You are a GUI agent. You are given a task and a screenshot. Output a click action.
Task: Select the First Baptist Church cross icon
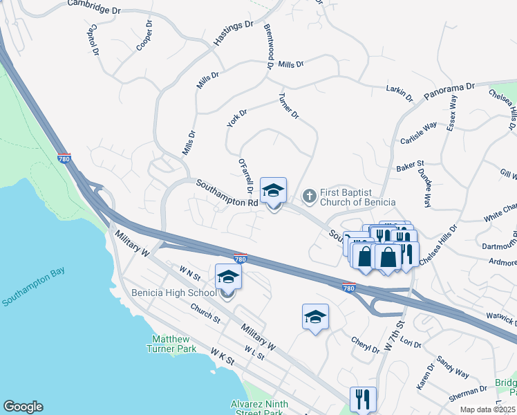tap(309, 196)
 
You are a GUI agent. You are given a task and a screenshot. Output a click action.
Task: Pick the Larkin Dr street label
tap(399, 92)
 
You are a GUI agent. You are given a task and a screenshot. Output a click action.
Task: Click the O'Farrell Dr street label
tap(243, 176)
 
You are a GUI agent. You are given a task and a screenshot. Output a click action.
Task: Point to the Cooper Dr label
tap(144, 35)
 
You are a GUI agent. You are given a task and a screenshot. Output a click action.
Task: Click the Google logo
tap(23, 407)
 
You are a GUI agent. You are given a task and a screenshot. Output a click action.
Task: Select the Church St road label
tap(205, 315)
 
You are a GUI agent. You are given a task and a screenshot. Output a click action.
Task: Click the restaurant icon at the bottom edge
tap(363, 399)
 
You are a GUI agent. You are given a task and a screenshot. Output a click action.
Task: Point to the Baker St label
tap(410, 167)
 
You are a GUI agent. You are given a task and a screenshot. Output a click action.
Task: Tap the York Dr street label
tap(236, 118)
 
